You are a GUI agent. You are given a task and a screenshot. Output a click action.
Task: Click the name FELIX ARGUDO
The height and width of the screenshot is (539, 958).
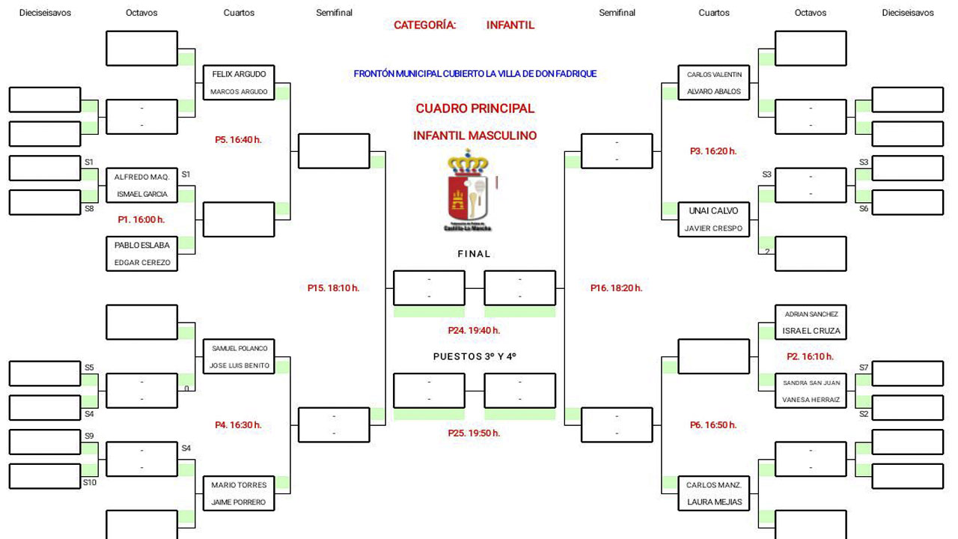pyautogui.click(x=239, y=75)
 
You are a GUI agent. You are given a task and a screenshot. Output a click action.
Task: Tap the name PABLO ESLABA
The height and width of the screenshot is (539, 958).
pyautogui.click(x=142, y=246)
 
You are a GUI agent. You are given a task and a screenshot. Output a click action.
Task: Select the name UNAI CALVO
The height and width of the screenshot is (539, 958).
pyautogui.click(x=713, y=211)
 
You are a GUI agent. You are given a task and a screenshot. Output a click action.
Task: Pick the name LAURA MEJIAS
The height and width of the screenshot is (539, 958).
pyautogui.click(x=715, y=502)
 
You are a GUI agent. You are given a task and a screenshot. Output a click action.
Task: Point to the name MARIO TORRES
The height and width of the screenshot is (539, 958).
pyautogui.click(x=239, y=485)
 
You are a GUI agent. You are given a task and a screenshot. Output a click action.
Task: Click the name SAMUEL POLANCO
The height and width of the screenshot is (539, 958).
pyautogui.click(x=239, y=349)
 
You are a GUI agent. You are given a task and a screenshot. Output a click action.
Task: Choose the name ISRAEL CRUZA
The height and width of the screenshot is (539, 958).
pyautogui.click(x=811, y=331)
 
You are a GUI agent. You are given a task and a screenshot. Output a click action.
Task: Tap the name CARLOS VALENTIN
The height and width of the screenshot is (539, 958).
pyautogui.click(x=714, y=75)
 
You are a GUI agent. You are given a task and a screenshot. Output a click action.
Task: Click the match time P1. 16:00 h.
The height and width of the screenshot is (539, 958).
pyautogui.click(x=141, y=220)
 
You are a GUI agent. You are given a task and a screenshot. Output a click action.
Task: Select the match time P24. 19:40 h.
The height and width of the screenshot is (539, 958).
pyautogui.click(x=474, y=330)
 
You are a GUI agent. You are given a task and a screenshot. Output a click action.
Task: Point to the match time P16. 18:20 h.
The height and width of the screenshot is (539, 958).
pyautogui.click(x=616, y=287)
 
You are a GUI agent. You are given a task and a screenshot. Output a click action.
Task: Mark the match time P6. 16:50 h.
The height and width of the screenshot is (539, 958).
pyautogui.click(x=713, y=425)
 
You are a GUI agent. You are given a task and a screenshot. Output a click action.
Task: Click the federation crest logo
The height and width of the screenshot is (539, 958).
pyautogui.click(x=469, y=191)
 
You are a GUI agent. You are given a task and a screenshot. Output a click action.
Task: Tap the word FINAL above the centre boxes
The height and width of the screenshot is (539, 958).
pyautogui.click(x=474, y=254)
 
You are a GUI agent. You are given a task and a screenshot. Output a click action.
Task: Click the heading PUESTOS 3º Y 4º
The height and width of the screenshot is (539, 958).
pyautogui.click(x=475, y=357)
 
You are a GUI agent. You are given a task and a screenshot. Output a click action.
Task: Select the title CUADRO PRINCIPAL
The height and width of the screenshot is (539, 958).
pyautogui.click(x=475, y=109)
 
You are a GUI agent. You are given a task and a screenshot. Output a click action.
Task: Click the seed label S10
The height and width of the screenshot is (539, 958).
pyautogui.click(x=90, y=483)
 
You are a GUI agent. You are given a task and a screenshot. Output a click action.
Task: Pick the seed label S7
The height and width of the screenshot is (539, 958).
pyautogui.click(x=864, y=368)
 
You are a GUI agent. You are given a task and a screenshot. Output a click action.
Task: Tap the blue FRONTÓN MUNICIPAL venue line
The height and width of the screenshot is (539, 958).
pyautogui.click(x=475, y=74)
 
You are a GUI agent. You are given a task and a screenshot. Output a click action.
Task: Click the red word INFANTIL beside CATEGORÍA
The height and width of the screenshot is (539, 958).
pyautogui.click(x=510, y=25)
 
